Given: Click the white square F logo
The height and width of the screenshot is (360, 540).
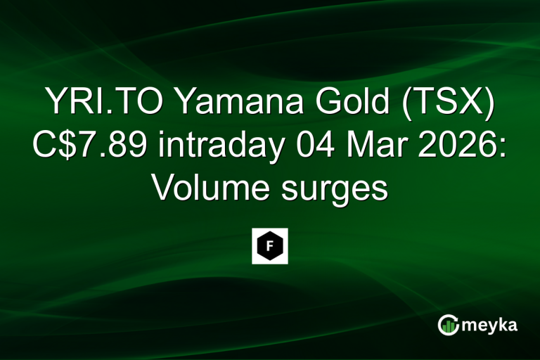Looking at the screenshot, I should [270, 246].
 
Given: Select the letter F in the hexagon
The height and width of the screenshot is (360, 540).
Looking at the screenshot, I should [270, 246].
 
